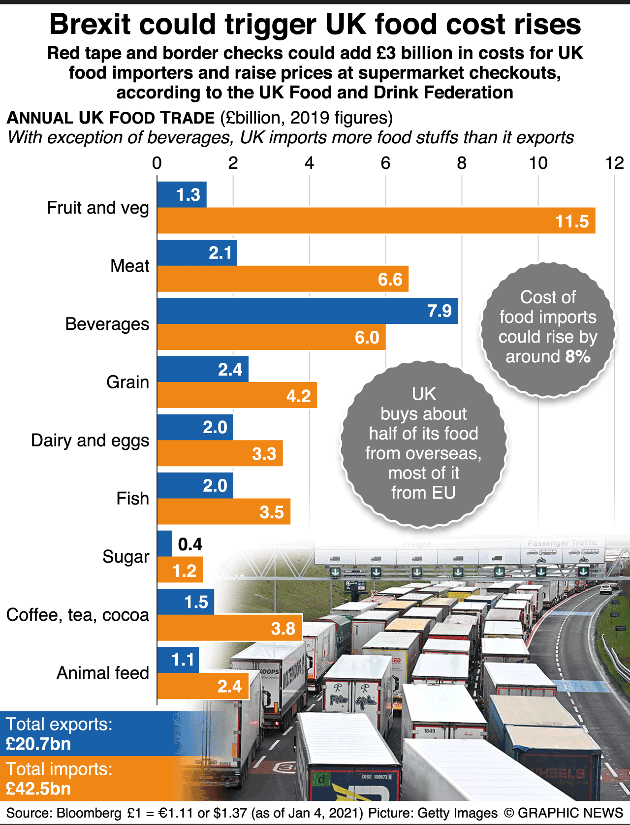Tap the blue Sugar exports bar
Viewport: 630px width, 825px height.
165,543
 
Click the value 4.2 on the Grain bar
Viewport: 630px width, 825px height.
298,396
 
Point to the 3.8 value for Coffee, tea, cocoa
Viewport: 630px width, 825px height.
283,629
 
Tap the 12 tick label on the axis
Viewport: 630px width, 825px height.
614,163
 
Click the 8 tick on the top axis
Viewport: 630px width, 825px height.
461,163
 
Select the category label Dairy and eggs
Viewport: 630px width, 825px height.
90,441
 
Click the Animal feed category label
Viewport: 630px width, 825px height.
102,673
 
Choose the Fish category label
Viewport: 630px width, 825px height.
132,499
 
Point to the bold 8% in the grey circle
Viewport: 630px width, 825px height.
578,356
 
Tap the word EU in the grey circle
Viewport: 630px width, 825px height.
443,492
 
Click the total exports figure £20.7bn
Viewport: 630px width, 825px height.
38,744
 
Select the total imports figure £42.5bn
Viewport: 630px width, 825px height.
38,789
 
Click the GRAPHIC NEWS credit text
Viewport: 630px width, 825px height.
570,813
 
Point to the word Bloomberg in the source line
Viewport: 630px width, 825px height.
89,813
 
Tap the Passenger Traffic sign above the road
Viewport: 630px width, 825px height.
563,543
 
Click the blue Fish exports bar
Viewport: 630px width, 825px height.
195,485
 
